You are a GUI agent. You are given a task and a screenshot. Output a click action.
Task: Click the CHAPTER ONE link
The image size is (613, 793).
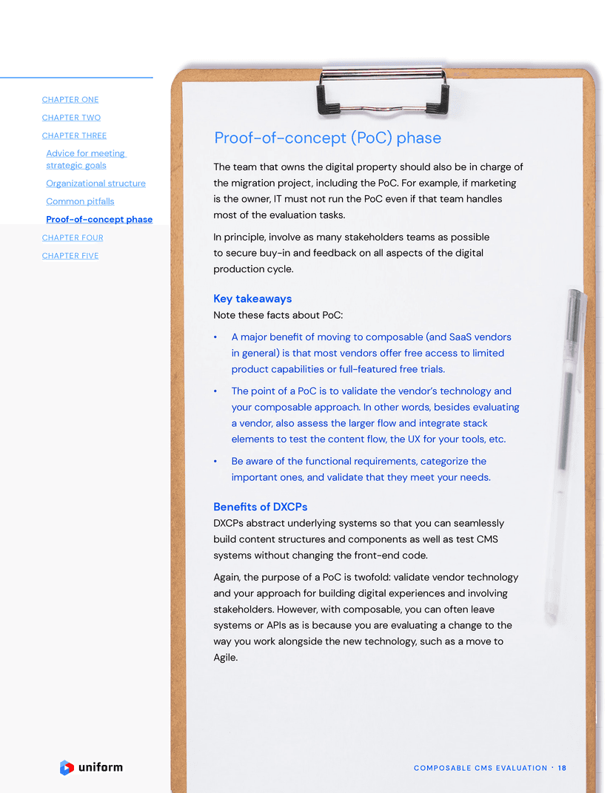[x=70, y=100]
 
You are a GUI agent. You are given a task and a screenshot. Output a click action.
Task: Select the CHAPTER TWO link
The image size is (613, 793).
[x=71, y=118]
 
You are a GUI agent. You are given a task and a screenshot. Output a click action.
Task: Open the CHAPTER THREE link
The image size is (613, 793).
[x=74, y=136]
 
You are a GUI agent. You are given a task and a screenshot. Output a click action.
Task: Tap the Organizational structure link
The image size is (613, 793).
[x=96, y=183]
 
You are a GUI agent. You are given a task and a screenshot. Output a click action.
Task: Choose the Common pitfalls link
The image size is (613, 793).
[x=80, y=201]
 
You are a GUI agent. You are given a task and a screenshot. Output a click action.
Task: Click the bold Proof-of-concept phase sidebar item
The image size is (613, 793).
[x=99, y=220]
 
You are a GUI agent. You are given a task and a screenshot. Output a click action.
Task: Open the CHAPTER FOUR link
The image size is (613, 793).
[x=73, y=237]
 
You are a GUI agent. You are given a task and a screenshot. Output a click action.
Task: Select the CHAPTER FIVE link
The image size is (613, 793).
[x=70, y=256]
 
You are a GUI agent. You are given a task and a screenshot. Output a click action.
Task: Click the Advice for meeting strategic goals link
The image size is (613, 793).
[x=85, y=159]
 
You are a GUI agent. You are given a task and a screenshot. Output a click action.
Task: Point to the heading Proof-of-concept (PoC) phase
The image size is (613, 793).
[x=327, y=138]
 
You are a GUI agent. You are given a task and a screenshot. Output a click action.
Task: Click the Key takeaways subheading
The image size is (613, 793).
[x=252, y=299]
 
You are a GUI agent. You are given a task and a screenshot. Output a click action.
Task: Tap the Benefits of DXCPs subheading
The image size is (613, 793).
[x=260, y=507]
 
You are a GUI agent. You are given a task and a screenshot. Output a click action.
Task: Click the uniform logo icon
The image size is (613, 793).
[x=67, y=768]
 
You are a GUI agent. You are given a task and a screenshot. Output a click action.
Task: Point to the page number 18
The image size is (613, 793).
[x=562, y=768]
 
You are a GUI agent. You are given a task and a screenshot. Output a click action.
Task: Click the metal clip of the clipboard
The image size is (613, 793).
[x=383, y=90]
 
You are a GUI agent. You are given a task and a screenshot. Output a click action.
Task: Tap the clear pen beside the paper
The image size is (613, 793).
[x=566, y=451]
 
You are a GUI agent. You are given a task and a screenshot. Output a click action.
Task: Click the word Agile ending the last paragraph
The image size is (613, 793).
[x=225, y=657]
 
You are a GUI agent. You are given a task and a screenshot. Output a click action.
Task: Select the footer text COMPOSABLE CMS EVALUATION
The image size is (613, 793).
[x=480, y=768]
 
